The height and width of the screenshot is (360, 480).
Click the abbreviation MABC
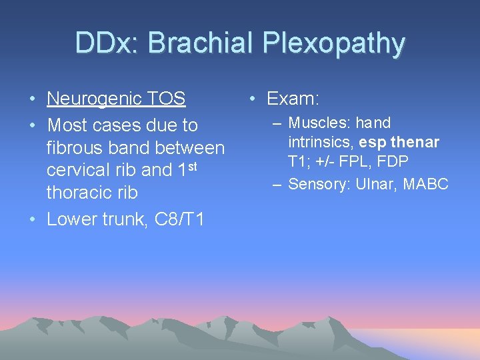(426, 184)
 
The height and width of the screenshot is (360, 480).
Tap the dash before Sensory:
(277, 184)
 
